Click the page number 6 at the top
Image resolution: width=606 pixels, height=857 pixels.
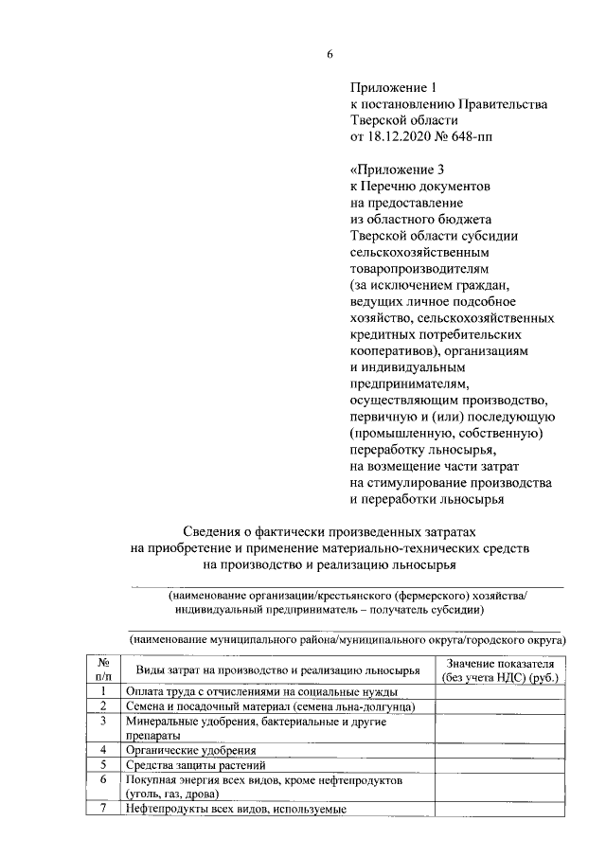[330, 53]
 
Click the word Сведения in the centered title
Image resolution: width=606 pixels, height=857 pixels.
[215, 532]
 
